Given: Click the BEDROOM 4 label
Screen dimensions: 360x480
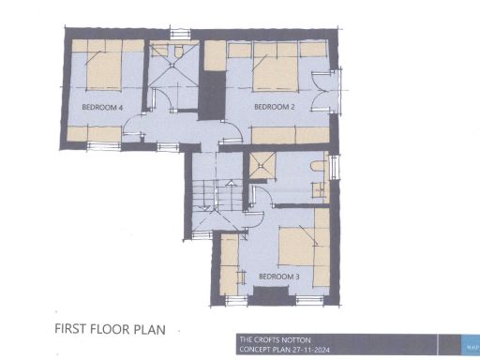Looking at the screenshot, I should [103, 108].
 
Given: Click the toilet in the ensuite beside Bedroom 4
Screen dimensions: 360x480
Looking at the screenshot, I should [173, 51].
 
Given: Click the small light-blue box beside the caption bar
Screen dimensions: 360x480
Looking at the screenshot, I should [472, 344].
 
